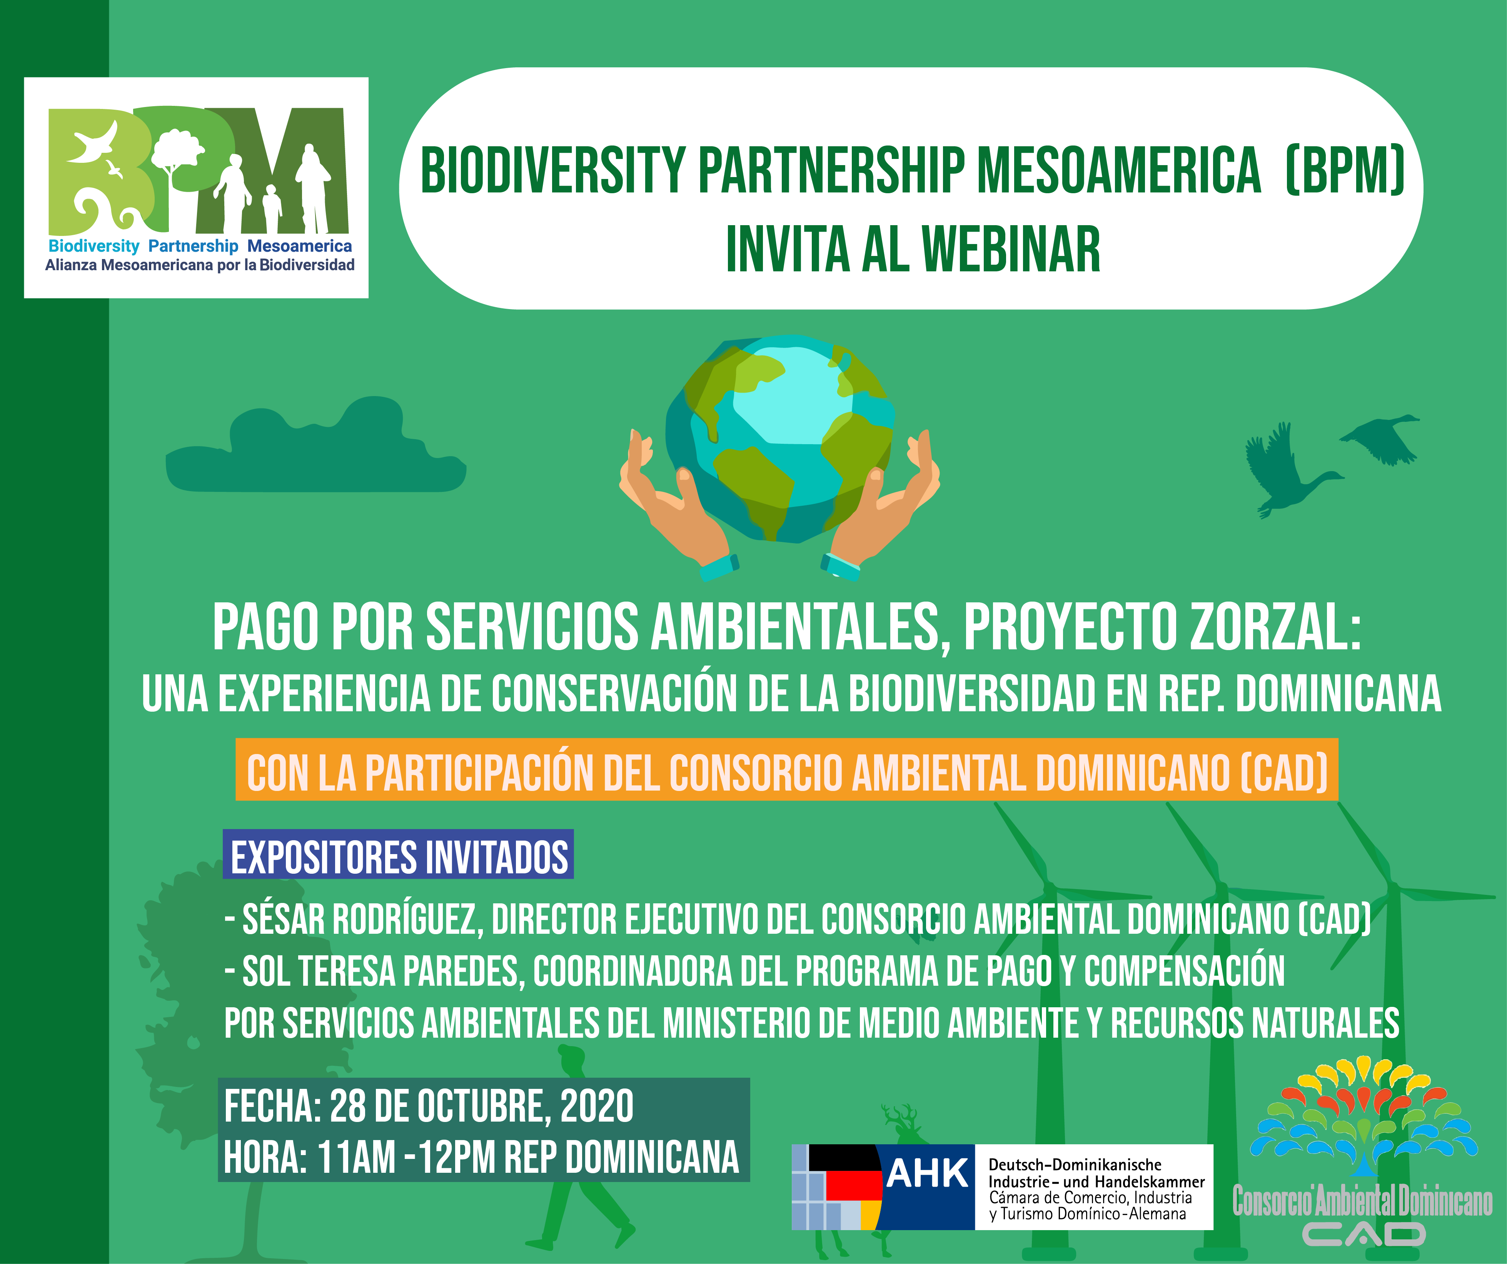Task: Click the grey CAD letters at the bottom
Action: (x=1363, y=1235)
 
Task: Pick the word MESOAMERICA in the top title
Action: (x=1120, y=170)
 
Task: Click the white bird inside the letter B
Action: (x=93, y=144)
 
